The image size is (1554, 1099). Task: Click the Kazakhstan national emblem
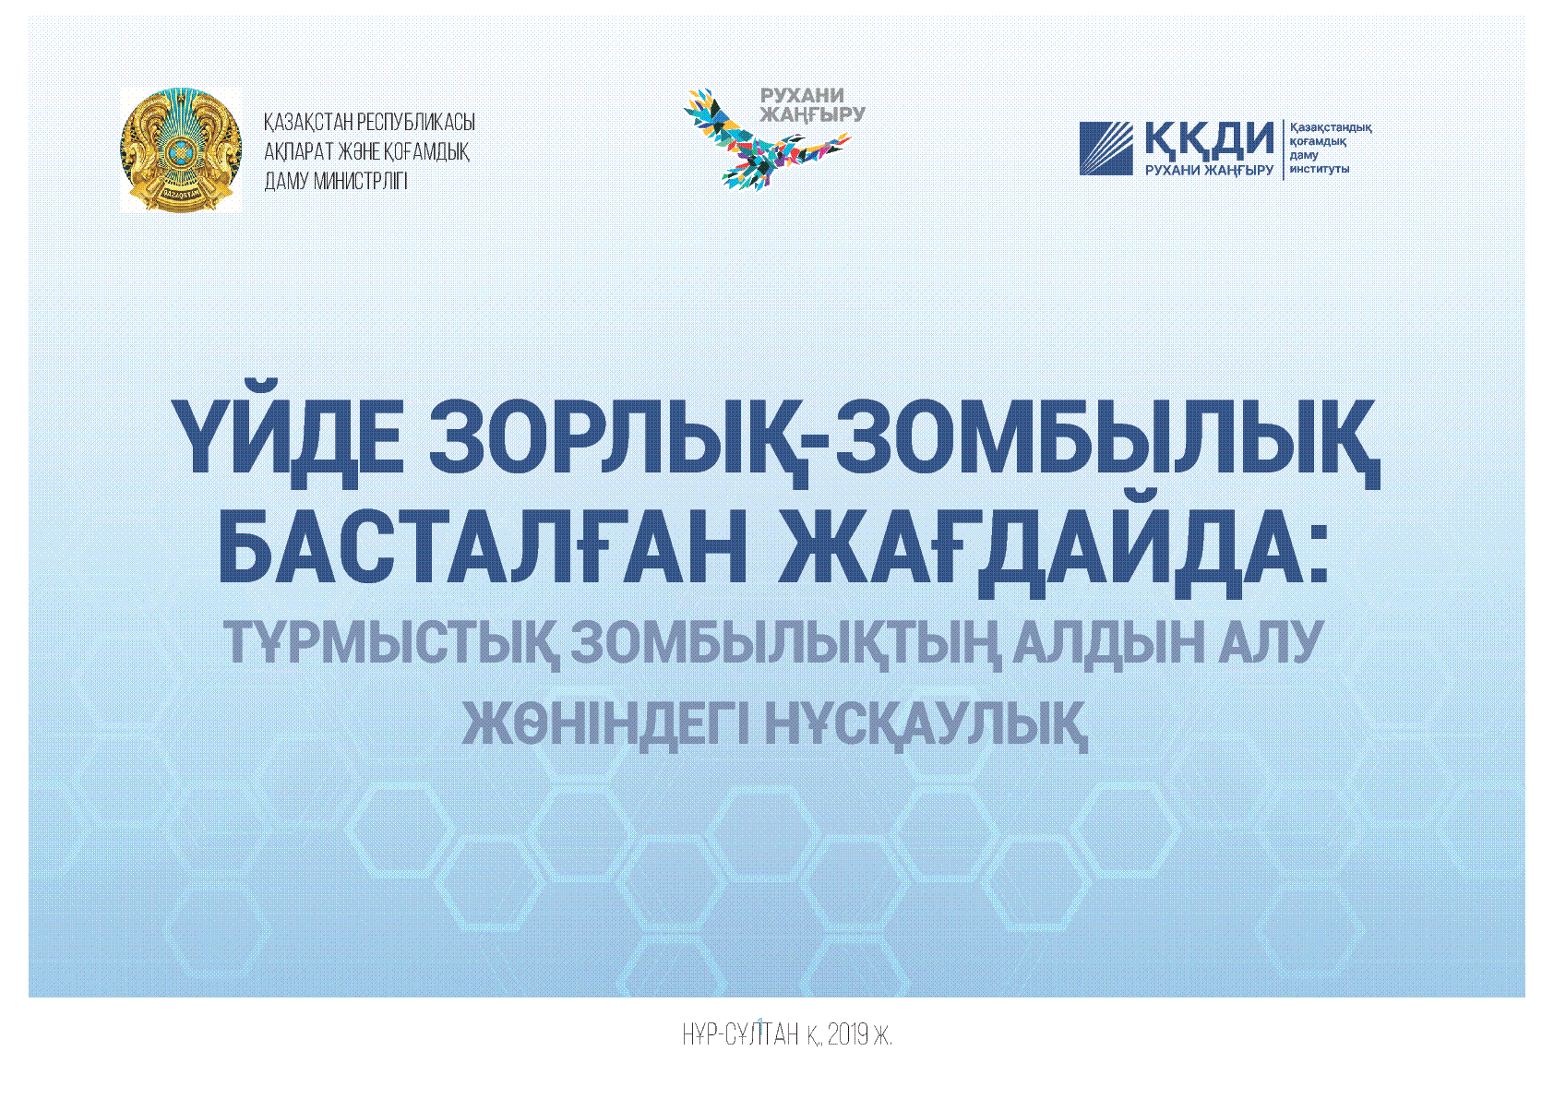click(x=181, y=149)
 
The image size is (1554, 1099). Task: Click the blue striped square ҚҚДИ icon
click(x=1106, y=149)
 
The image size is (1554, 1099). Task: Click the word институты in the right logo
click(x=1320, y=169)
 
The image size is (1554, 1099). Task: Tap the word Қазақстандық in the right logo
click(x=1331, y=127)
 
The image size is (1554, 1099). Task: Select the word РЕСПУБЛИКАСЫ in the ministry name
click(x=415, y=123)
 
